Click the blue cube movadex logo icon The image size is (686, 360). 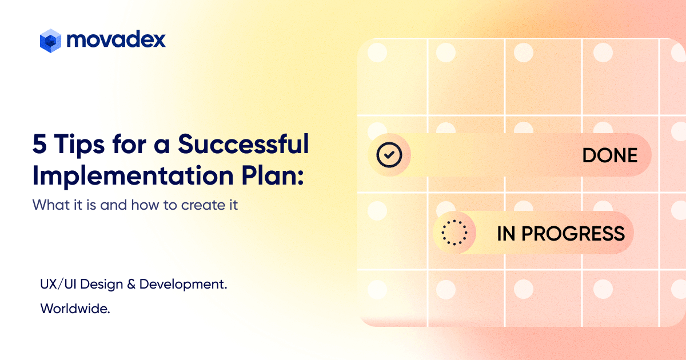(50, 41)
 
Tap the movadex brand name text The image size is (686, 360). (116, 39)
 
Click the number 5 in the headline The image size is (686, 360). (39, 144)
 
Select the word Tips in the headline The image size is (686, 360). (79, 146)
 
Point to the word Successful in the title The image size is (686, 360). (244, 143)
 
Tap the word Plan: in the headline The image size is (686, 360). (273, 175)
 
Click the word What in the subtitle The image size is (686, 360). (51, 205)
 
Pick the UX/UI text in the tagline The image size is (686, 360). (58, 285)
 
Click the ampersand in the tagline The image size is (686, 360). (131, 285)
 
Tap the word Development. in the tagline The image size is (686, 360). (183, 285)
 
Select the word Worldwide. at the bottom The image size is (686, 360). (75, 309)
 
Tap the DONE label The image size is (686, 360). (610, 155)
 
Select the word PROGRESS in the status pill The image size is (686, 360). (573, 234)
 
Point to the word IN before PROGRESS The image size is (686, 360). (506, 234)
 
